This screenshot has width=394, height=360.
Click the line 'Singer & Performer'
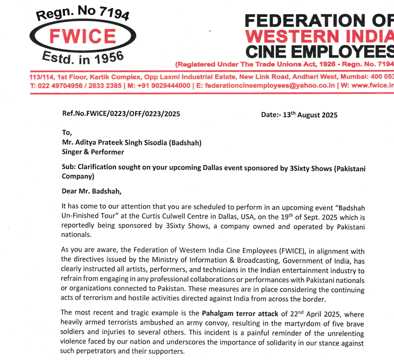coord(93,152)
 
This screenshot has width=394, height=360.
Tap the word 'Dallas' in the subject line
coord(224,168)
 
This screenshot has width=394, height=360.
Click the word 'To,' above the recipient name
coord(66,133)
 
